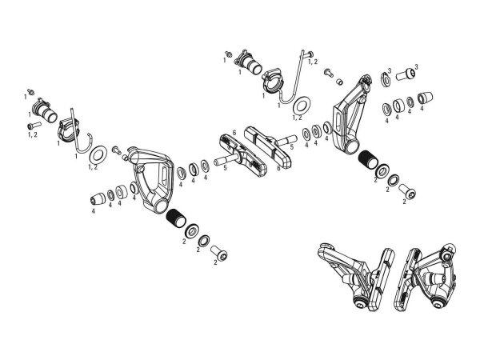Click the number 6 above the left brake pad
234,133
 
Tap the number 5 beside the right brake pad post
292,147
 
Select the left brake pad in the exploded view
242,155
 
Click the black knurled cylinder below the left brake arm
176,218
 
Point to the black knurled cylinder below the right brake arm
369,159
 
